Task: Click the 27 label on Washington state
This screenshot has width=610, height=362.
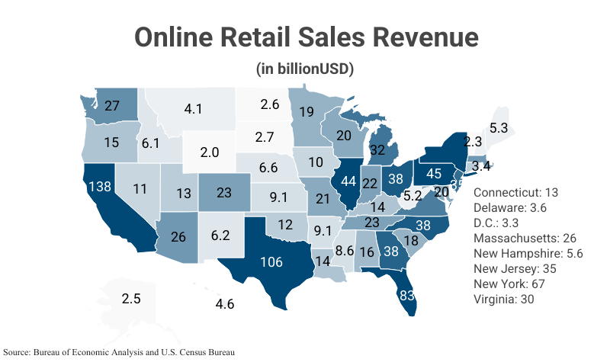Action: [x=112, y=107]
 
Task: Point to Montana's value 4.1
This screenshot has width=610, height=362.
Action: [x=193, y=109]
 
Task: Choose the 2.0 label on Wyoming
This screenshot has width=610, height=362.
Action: [x=210, y=152]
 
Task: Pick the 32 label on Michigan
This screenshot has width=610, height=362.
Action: [x=377, y=150]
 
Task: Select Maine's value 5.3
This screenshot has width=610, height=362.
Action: [x=499, y=128]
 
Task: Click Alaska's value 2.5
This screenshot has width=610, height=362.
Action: [x=131, y=299]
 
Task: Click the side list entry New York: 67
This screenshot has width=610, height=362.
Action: [x=511, y=284]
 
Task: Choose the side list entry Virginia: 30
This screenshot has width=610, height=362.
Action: [x=504, y=300]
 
